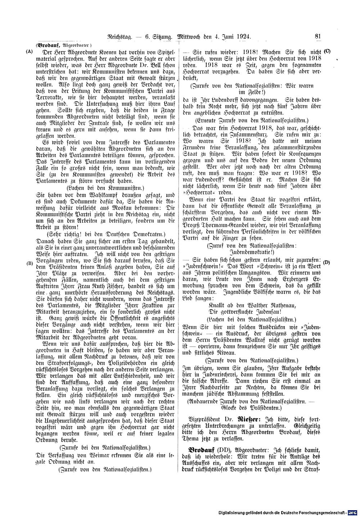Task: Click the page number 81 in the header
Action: pos(318,36)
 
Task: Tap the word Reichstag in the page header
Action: pos(121,37)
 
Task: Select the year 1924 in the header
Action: pos(243,37)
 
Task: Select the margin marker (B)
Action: pos(30,263)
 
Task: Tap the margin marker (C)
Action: pos(327,51)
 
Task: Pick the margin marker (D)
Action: pos(327,262)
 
